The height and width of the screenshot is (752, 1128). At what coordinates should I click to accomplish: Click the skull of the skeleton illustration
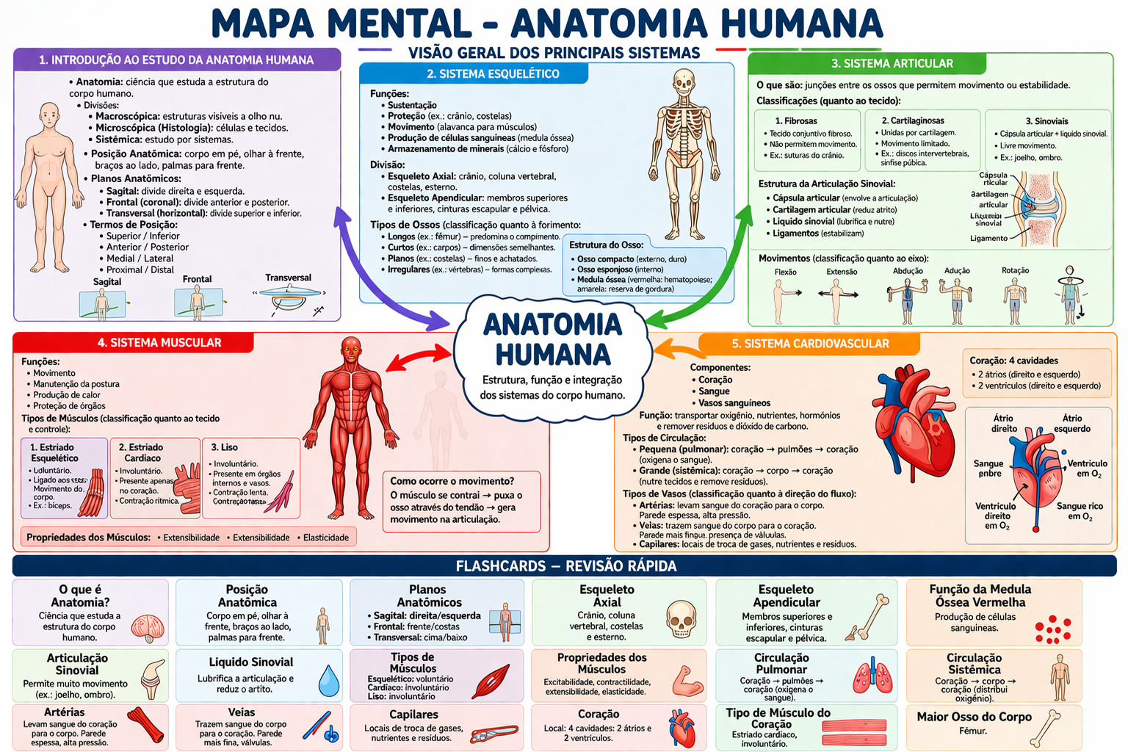click(x=684, y=82)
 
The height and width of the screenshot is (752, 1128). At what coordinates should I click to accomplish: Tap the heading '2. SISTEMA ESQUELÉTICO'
click(x=493, y=74)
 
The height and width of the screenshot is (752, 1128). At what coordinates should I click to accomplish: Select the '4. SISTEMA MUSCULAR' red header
click(x=159, y=343)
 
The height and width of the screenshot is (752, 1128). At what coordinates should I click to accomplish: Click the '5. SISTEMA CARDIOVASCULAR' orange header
click(x=810, y=344)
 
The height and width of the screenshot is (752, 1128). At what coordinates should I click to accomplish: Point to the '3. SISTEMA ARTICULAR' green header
click(x=892, y=64)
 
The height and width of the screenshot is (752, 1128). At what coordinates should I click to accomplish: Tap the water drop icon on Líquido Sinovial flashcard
click(x=329, y=681)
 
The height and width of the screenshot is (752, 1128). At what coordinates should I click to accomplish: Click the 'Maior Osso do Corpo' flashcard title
click(x=974, y=717)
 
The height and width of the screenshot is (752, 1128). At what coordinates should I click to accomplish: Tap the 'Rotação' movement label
click(x=1015, y=271)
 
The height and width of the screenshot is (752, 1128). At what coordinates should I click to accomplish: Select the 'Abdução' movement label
click(x=908, y=271)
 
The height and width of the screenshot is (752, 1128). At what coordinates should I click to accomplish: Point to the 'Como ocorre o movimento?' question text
click(x=452, y=481)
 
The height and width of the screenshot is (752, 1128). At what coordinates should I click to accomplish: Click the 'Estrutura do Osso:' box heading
click(x=606, y=245)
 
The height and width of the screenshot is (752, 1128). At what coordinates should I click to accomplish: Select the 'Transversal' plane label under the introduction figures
click(x=288, y=278)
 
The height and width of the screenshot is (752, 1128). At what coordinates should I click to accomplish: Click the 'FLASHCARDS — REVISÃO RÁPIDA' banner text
click(x=565, y=566)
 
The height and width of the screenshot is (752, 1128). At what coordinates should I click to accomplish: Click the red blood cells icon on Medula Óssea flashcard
click(x=1053, y=629)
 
